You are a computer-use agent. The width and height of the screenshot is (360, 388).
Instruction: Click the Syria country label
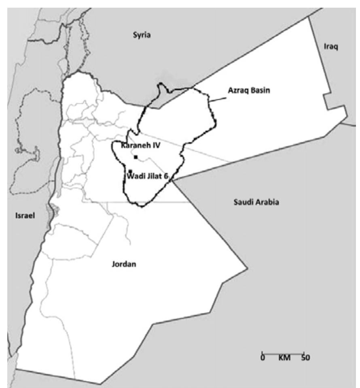coord(142,35)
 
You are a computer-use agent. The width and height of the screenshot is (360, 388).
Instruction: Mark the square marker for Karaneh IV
coord(136,157)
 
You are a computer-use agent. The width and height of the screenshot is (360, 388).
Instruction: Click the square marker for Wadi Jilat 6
coord(130,171)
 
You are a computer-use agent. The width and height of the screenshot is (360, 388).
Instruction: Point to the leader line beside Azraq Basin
coord(217,99)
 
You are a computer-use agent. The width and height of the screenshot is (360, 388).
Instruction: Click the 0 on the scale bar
coord(263,358)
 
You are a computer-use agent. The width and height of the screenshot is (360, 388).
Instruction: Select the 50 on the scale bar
coord(305,358)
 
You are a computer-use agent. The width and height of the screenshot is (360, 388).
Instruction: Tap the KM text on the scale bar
coord(284,358)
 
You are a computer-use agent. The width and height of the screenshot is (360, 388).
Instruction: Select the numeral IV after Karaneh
coord(155,147)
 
